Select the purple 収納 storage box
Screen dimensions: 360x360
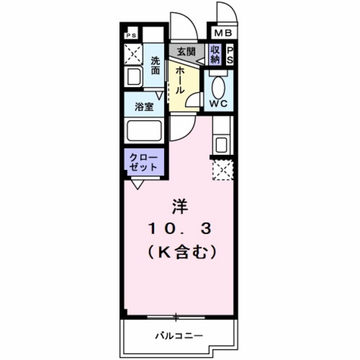coord(214,54)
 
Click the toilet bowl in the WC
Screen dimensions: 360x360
coord(219,87)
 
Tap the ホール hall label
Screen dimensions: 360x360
coord(180,81)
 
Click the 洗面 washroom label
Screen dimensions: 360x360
coord(156,66)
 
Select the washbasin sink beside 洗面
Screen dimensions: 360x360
coord(134,77)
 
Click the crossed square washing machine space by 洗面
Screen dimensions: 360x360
coord(133,54)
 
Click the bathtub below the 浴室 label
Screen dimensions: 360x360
coord(144,130)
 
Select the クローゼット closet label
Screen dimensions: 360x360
coord(144,161)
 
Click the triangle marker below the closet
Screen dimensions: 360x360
coord(137,184)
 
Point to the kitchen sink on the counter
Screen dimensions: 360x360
coord(221,144)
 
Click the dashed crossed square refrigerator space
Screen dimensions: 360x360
coord(223,169)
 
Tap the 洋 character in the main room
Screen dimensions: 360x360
coord(179,207)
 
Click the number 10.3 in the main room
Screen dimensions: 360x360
coord(180,230)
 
